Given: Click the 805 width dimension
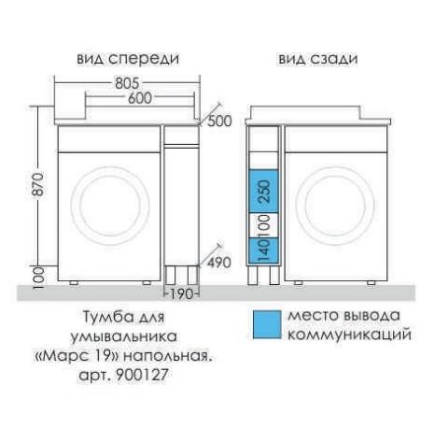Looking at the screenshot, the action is (127, 83).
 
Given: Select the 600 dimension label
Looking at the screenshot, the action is (140, 98).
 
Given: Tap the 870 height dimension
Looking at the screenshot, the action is (38, 184).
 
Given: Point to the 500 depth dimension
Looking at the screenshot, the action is (219, 121).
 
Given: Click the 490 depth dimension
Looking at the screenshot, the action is (219, 263).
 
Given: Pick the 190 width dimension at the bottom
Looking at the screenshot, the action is (181, 294).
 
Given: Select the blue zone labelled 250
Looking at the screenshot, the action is (264, 192).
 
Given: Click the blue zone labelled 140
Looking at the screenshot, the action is (264, 250).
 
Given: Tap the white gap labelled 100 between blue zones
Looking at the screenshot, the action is (264, 225).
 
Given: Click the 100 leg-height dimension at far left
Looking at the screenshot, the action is (38, 278).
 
